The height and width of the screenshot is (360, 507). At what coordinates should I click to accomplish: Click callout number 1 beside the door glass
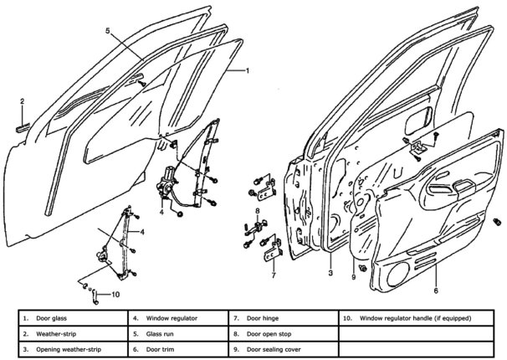248,71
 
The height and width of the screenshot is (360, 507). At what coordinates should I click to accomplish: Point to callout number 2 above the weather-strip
23,101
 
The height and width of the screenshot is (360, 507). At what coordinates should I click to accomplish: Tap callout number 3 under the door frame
330,273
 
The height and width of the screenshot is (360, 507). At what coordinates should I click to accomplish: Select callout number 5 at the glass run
108,31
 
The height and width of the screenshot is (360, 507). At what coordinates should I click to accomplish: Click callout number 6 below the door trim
435,291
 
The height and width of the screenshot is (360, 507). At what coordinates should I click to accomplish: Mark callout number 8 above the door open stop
258,209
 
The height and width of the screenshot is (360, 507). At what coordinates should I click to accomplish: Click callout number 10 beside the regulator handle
115,294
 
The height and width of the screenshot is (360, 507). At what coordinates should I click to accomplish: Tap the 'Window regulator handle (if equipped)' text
415,318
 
